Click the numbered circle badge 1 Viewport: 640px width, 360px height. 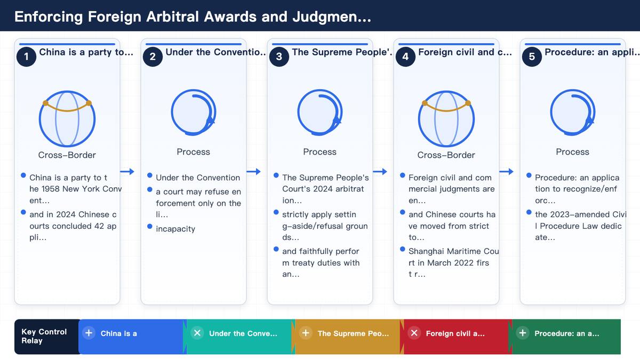click(26, 57)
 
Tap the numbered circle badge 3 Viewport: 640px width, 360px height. click(279, 57)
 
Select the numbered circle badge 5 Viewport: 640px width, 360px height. click(532, 57)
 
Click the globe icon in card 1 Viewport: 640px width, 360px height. click(67, 118)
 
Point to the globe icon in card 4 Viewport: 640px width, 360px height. click(446, 118)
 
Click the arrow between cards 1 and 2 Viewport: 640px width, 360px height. click(127, 171)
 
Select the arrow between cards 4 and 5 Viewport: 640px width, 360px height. click(506, 171)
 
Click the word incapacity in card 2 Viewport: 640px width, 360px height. click(175, 229)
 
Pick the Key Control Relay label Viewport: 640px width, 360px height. click(44, 337)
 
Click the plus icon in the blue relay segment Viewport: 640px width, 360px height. click(89, 333)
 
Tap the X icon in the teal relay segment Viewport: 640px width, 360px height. click(197, 333)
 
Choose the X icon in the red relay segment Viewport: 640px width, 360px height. click(414, 333)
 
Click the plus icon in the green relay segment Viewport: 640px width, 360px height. click(523, 333)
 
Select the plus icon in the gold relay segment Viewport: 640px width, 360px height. click(306, 333)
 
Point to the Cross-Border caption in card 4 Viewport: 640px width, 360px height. click(446, 155)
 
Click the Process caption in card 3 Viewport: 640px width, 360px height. click(319, 151)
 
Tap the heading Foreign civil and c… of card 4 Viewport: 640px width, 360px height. click(465, 52)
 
